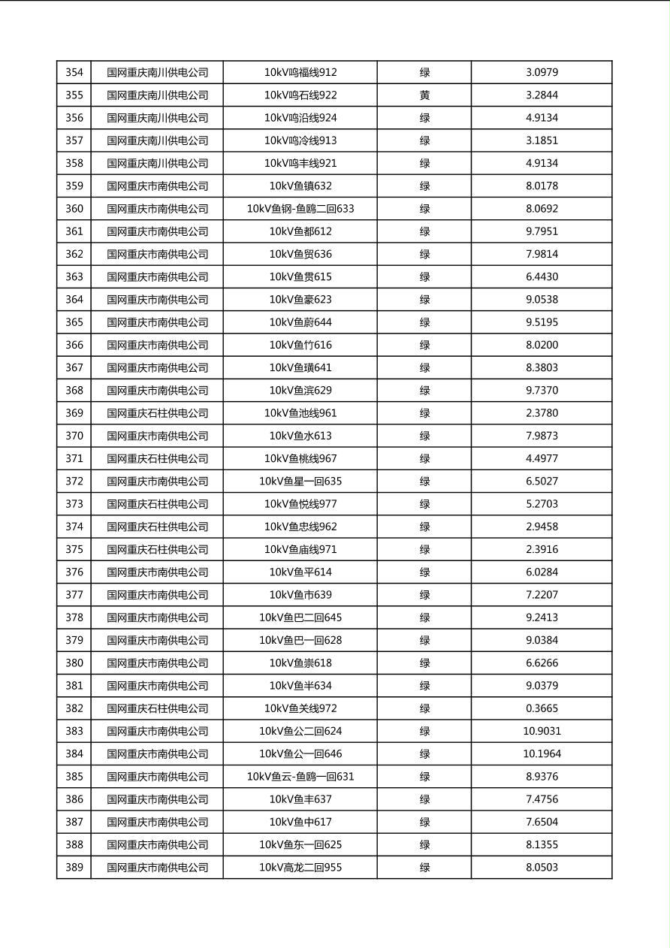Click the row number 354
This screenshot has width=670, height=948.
74,72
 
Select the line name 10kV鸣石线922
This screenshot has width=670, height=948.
300,95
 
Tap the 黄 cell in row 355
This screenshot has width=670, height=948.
424,95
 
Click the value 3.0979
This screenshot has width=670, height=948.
542,72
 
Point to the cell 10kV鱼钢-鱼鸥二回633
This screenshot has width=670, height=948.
300,208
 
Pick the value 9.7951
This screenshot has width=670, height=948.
542,231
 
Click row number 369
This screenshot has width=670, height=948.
74,413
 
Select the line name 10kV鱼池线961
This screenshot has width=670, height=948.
300,413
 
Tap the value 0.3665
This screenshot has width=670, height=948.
542,708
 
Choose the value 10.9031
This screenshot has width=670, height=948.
542,731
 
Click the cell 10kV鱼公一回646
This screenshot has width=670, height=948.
300,753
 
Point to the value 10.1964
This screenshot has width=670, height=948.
542,753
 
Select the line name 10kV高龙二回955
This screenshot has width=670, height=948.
300,867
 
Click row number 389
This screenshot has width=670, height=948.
74,867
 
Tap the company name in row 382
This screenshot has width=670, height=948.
157,708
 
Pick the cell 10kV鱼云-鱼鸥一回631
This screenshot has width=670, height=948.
300,776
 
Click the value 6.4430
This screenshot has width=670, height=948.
542,276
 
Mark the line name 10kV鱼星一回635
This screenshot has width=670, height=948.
300,481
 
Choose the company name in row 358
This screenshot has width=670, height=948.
157,163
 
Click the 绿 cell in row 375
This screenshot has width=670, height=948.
424,549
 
